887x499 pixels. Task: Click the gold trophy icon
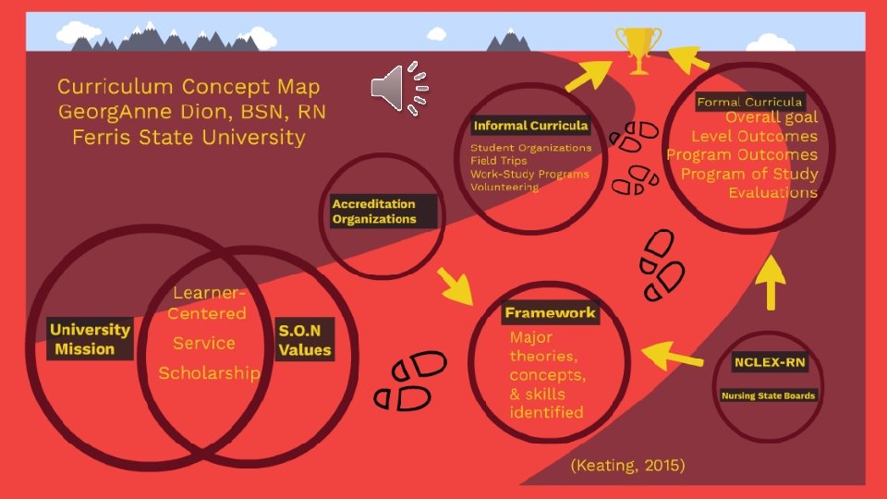tap(638, 48)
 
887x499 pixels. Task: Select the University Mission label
tap(90, 339)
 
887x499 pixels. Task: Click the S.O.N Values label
tap(305, 339)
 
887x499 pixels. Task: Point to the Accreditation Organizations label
tap(374, 212)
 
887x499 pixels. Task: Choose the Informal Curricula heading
tap(530, 126)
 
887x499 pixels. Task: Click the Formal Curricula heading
tap(749, 102)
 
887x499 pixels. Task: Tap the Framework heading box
tap(551, 313)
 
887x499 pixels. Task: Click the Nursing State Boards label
tap(770, 396)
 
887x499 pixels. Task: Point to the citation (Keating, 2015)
tap(628, 466)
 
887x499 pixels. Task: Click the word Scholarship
tap(209, 373)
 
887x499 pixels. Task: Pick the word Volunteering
tap(504, 187)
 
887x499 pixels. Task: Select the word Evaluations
tap(772, 192)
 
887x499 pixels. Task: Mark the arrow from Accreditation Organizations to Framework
tap(454, 286)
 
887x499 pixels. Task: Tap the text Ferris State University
tap(188, 138)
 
